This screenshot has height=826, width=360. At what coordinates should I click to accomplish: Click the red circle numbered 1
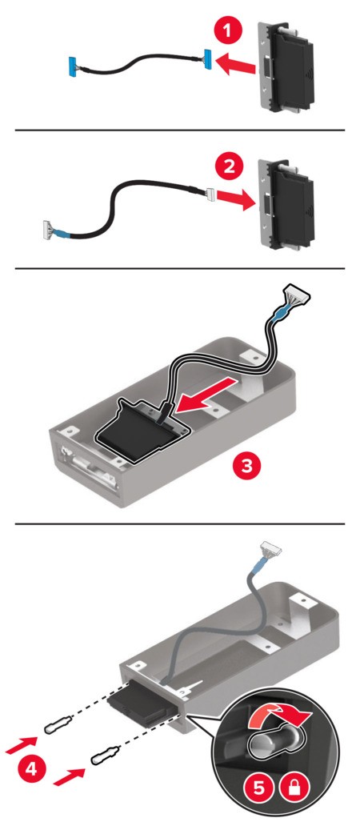(x=227, y=31)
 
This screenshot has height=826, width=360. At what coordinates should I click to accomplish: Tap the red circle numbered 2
(x=227, y=168)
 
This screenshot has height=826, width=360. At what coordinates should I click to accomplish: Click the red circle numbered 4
(x=31, y=769)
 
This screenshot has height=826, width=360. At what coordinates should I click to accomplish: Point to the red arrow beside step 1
(x=238, y=66)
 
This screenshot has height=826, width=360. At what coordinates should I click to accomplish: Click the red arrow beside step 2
(x=235, y=198)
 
